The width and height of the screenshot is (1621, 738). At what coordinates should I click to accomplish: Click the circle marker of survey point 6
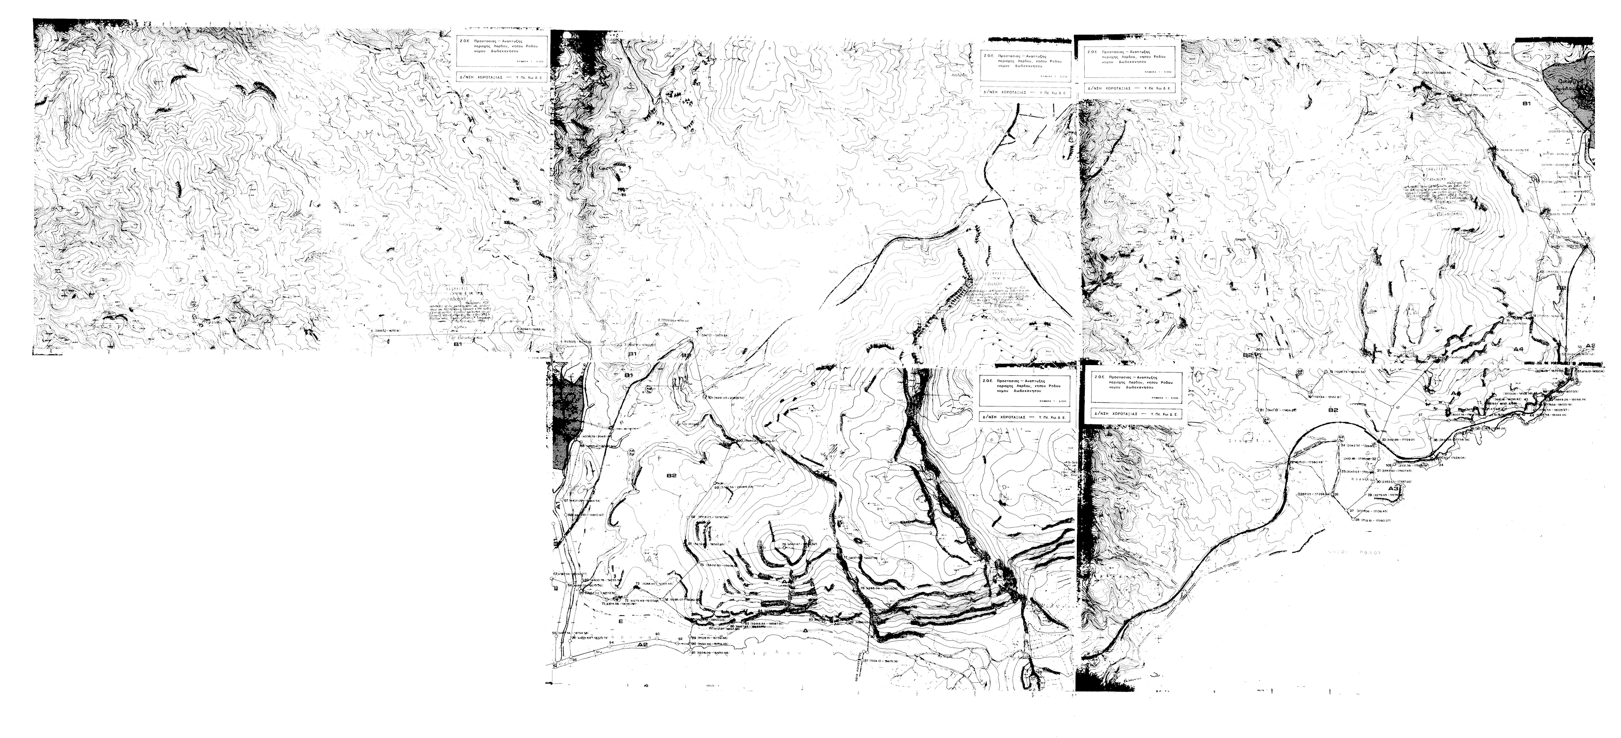click(x=373, y=334)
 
